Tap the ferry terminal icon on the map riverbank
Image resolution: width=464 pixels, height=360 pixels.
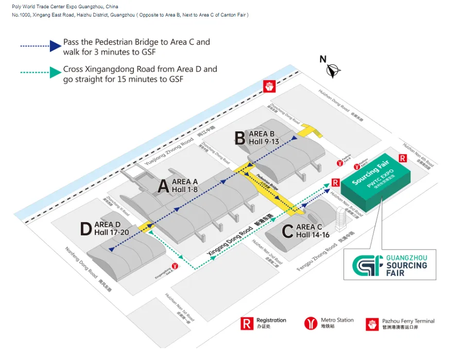pos(268,87)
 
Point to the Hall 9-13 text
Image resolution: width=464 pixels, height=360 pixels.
pos(264,142)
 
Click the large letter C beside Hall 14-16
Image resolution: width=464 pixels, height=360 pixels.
pos(288,231)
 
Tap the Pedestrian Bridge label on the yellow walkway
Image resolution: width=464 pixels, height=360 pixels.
pos(267,183)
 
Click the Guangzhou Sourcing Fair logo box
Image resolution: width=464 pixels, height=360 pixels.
pos(390,264)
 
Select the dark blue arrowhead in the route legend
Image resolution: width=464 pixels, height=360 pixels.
pos(55,45)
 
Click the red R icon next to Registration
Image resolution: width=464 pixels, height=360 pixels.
pos(247,323)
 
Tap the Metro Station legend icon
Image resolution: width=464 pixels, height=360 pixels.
pos(311,323)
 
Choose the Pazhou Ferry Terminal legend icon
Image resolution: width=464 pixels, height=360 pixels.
pos(372,324)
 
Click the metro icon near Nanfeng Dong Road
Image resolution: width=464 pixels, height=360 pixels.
pos(175,266)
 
